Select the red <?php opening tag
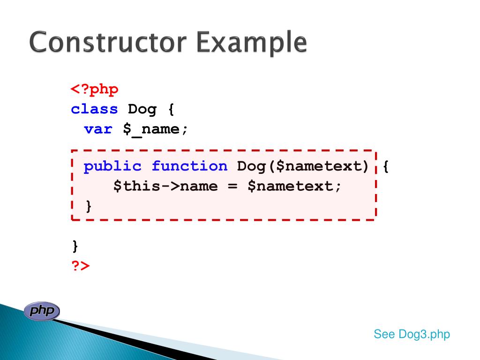(x=95, y=89)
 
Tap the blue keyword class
(x=94, y=109)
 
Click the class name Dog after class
(x=142, y=109)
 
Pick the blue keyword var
(x=98, y=129)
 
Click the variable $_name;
(x=155, y=129)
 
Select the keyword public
(x=112, y=166)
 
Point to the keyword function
(x=189, y=166)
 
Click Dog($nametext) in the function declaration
(x=303, y=166)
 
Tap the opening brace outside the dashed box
(x=386, y=166)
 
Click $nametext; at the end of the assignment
(x=295, y=186)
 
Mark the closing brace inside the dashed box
(x=88, y=206)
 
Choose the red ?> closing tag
(x=80, y=266)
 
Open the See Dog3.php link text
(x=412, y=334)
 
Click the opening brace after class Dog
(x=170, y=109)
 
